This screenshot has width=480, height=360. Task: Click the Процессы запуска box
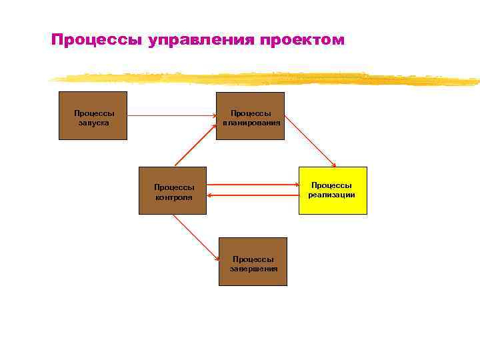tap(93, 115)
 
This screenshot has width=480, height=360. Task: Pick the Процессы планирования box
tap(250, 115)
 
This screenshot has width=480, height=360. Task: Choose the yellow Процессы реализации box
tap(333, 190)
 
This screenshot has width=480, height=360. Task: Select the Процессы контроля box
tap(173, 190)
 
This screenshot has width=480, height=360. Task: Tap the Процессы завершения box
tap(253, 261)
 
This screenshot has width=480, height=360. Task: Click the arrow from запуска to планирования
tap(171, 115)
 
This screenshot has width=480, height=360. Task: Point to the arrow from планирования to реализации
tap(310, 143)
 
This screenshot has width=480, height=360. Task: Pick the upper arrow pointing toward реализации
tap(252, 186)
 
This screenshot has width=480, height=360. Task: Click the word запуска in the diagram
tap(93, 123)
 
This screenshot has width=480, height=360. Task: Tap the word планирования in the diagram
tap(251, 123)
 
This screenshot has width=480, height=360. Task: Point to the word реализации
tap(331, 195)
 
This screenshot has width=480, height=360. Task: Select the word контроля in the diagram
tap(174, 197)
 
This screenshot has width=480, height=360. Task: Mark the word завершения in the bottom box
tap(253, 269)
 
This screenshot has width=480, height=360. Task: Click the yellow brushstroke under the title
tap(267, 79)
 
